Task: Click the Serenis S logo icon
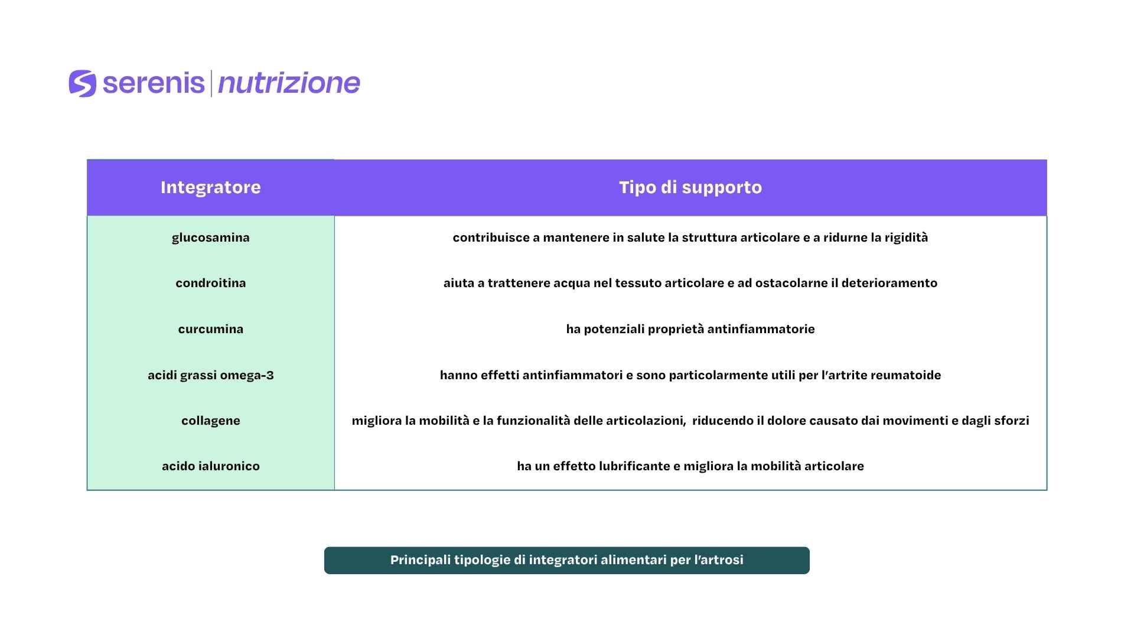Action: [x=83, y=83]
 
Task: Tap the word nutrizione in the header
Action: [x=289, y=83]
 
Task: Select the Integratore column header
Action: [x=211, y=187]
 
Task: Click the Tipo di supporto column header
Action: [x=690, y=187]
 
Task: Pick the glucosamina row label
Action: [x=211, y=237]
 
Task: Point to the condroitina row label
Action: [x=211, y=283]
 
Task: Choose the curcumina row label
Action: [x=211, y=329]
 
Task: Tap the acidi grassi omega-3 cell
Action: [x=211, y=375]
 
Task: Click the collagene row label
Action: [x=211, y=421]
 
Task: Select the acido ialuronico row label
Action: [x=211, y=466]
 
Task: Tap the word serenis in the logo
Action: [x=154, y=83]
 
